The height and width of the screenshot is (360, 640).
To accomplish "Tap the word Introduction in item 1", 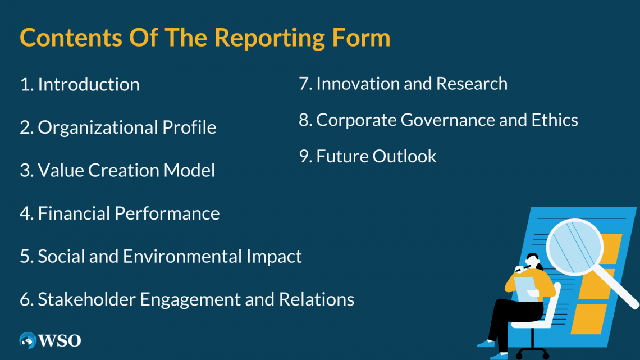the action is point(89,84).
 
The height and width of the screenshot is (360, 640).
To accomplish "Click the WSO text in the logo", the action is point(60,340).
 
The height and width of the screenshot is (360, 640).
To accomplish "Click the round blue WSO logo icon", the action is point(28,340).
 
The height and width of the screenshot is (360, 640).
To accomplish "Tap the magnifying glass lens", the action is point(575,247).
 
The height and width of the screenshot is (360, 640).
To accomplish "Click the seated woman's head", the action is point(533,260).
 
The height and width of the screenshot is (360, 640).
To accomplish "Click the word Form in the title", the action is point(361,38).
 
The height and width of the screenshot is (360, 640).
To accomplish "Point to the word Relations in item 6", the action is point(316,299).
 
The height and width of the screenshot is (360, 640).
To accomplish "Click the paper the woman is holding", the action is point(525,288).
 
